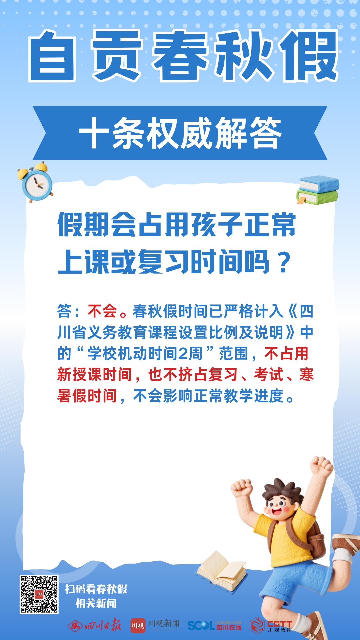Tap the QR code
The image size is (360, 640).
[39, 594]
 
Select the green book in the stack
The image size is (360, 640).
[317, 196]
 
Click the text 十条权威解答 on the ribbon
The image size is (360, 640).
[180, 133]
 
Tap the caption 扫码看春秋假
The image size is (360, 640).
[96, 589]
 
